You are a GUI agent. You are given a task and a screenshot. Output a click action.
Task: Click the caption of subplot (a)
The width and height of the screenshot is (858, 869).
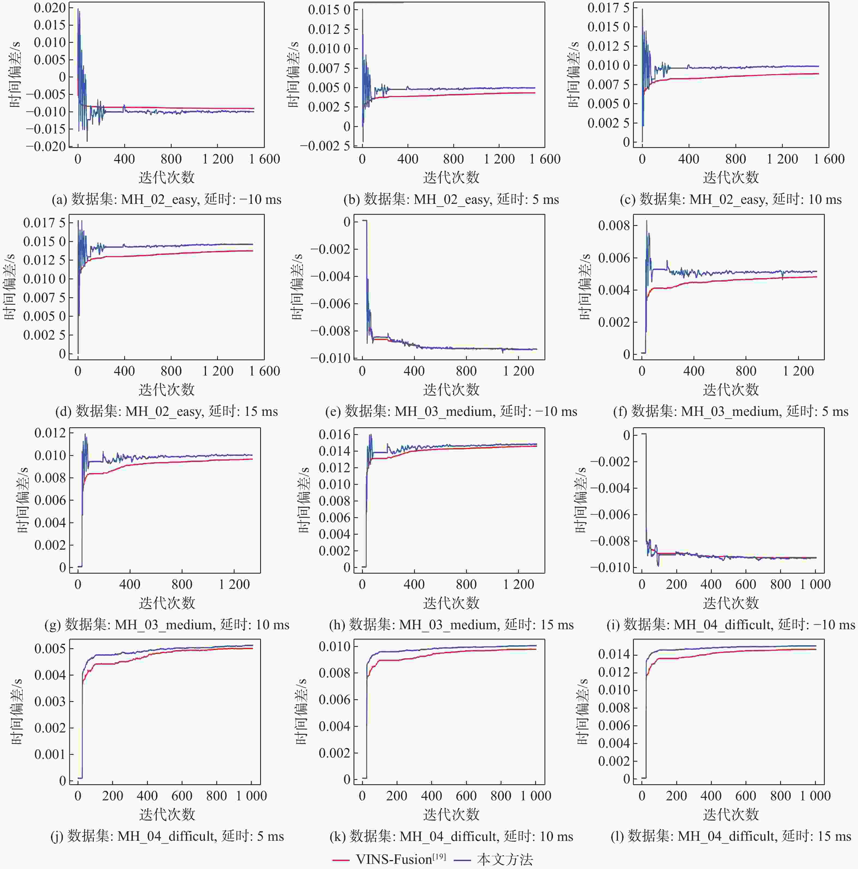pyautogui.click(x=166, y=199)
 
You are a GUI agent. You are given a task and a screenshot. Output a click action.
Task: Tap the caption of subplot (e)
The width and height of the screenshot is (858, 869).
pyautogui.click(x=451, y=411)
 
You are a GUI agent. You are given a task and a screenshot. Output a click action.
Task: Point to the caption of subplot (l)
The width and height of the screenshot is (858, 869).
pyautogui.click(x=731, y=836)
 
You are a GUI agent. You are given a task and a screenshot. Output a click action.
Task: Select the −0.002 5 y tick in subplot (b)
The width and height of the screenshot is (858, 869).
pyautogui.click(x=325, y=146)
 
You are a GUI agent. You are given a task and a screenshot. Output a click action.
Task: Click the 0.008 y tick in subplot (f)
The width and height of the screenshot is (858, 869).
pyautogui.click(x=614, y=225)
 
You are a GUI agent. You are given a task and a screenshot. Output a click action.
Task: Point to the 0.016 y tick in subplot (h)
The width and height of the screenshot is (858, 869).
pyautogui.click(x=334, y=434)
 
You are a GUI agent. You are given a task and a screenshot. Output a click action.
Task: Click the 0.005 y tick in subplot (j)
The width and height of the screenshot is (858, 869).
pyautogui.click(x=50, y=649)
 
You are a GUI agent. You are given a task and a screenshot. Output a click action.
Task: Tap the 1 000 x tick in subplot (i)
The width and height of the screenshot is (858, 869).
pyautogui.click(x=815, y=584)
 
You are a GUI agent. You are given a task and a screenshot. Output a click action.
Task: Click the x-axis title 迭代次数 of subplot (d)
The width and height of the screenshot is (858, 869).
pyautogui.click(x=166, y=389)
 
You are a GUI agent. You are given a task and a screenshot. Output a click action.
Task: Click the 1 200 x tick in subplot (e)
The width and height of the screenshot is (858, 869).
pyautogui.click(x=518, y=371)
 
